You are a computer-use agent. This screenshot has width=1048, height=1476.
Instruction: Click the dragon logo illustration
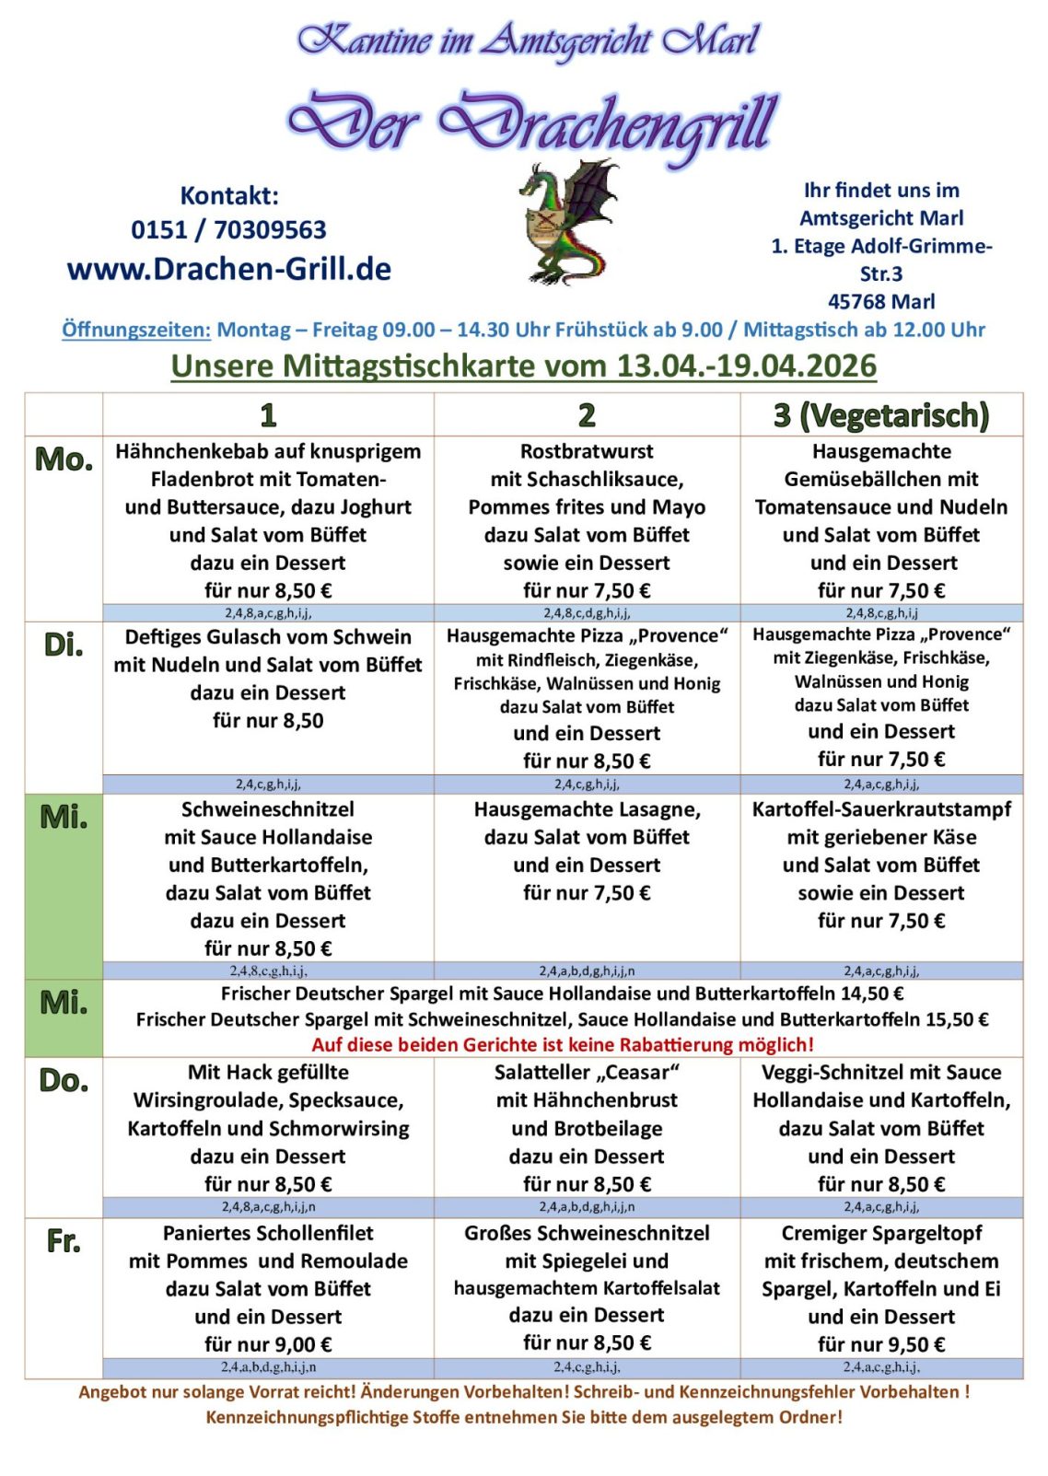569,222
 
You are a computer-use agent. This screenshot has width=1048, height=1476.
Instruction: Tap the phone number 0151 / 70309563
228,230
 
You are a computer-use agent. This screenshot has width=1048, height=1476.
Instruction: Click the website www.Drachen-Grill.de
229,269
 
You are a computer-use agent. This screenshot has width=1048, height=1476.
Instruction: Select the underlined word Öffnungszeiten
136,330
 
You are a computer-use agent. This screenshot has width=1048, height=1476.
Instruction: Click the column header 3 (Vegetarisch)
881,415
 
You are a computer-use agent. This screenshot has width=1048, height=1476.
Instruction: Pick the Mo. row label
64,459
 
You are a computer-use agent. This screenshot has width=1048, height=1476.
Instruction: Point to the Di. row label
64,645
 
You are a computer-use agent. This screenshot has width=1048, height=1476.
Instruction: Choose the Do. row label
64,1080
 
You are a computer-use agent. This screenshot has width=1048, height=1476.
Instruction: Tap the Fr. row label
64,1241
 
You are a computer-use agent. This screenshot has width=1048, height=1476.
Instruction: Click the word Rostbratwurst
587,451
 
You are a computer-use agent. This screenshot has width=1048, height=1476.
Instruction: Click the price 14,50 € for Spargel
873,994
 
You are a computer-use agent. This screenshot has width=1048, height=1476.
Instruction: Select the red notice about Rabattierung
563,1044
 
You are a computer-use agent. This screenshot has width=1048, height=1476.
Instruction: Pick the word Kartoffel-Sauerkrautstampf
881,809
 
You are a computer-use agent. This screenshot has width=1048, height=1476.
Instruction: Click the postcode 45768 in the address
856,301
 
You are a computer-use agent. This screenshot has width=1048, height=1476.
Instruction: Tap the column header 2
587,415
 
